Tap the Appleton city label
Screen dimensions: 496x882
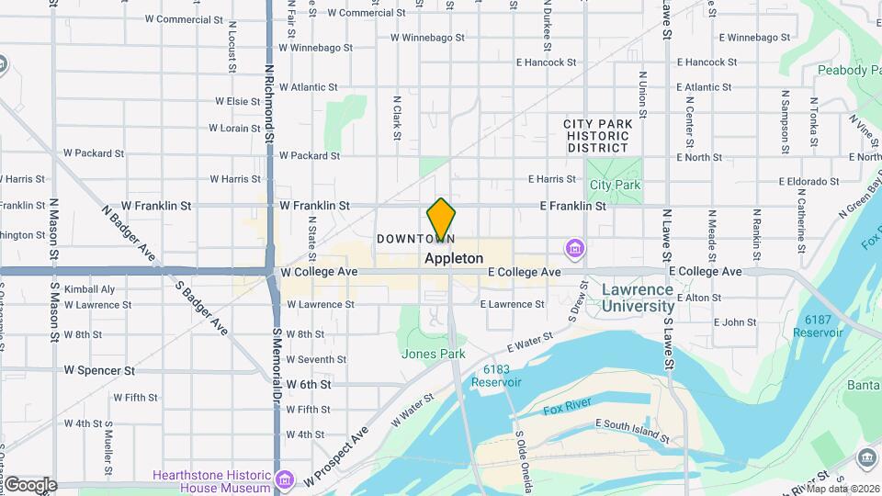tap(454, 259)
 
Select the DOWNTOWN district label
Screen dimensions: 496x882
tap(415, 239)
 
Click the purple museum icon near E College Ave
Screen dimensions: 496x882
tap(575, 248)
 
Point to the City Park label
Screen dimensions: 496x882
tap(615, 185)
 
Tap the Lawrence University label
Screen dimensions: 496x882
tap(638, 297)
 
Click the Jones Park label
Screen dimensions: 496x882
tap(433, 354)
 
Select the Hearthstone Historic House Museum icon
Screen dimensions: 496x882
tap(285, 480)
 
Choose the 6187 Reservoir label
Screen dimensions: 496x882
tap(823, 325)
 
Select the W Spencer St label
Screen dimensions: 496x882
tap(99, 370)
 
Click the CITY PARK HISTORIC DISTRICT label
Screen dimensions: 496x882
tap(597, 135)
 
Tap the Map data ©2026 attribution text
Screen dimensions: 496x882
tap(842, 489)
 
